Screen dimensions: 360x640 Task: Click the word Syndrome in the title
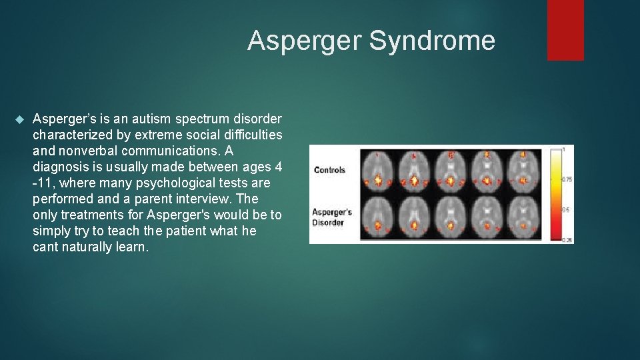point(432,41)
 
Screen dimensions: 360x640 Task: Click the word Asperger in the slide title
point(305,41)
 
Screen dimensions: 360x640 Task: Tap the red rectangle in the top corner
point(565,30)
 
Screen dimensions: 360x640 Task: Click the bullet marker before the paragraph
point(19,119)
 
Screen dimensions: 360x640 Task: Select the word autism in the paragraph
point(152,119)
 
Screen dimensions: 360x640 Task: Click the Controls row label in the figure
point(329,170)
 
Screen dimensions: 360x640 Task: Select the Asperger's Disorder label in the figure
point(332,217)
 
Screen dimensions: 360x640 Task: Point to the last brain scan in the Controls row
point(525,171)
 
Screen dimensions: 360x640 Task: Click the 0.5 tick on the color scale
point(566,209)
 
